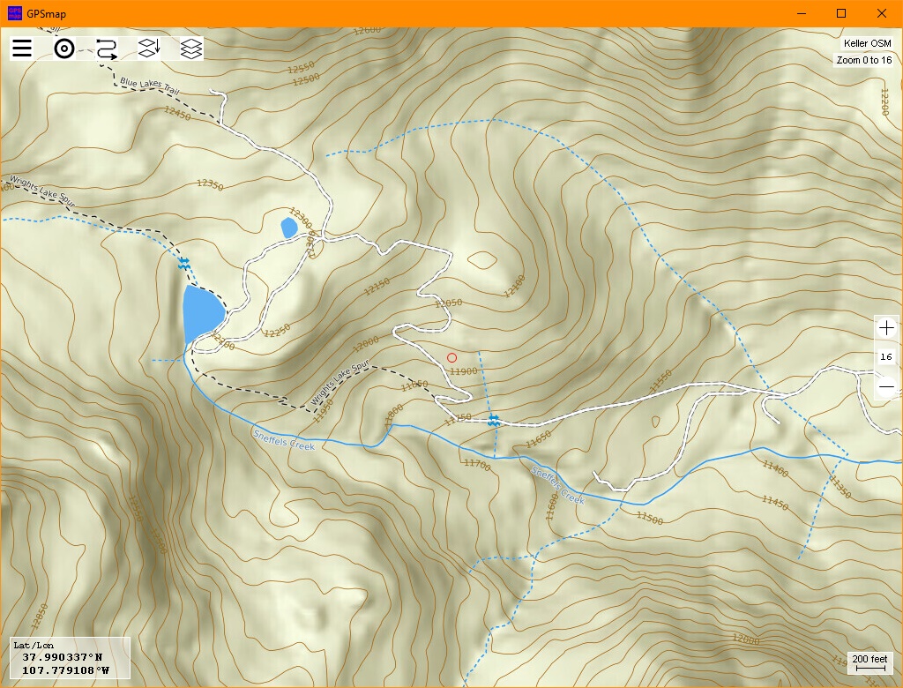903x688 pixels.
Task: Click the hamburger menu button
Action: (22, 49)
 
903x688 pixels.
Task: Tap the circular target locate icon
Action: (63, 49)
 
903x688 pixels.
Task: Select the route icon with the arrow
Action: (106, 49)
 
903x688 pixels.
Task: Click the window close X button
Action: (881, 13)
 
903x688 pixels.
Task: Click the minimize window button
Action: (802, 13)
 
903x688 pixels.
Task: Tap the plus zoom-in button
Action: (886, 328)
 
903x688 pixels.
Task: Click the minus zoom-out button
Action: (886, 385)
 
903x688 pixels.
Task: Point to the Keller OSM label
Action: (867, 43)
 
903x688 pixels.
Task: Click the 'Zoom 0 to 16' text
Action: (863, 60)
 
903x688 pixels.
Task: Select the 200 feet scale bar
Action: (869, 663)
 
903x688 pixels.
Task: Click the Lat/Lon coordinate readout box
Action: (70, 658)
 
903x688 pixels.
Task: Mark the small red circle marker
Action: (452, 357)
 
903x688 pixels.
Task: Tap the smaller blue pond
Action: (288, 228)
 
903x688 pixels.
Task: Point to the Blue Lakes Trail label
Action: (151, 86)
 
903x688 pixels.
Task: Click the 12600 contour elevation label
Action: (366, 30)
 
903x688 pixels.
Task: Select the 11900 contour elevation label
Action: (463, 371)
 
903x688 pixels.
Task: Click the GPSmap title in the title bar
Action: (46, 13)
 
